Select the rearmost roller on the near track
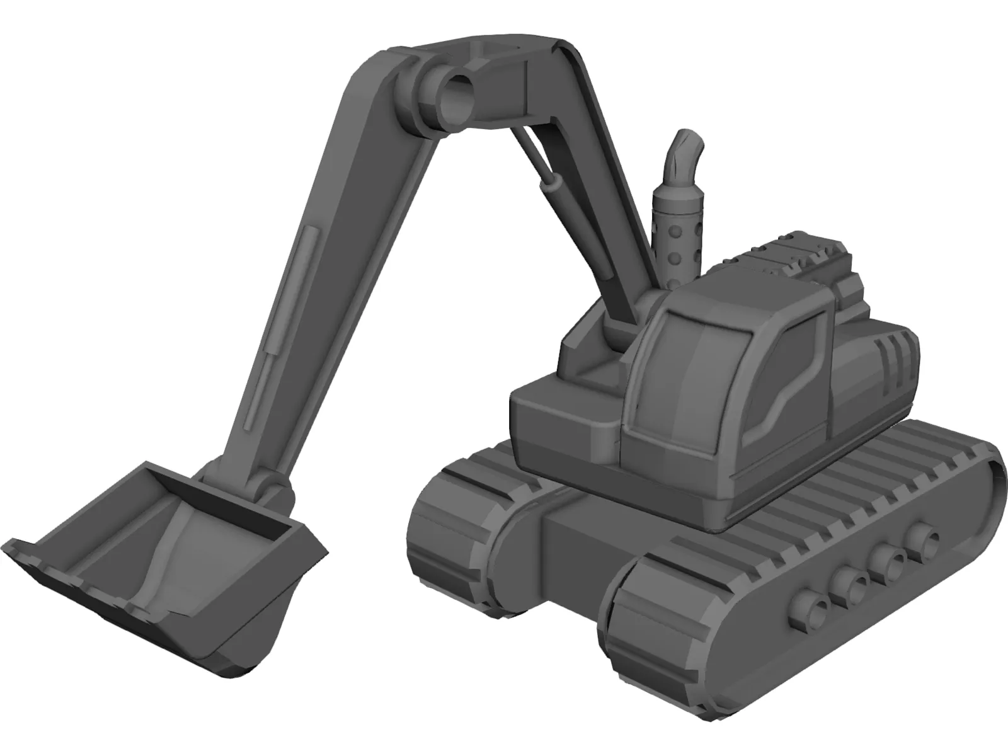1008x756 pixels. pos(924,539)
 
